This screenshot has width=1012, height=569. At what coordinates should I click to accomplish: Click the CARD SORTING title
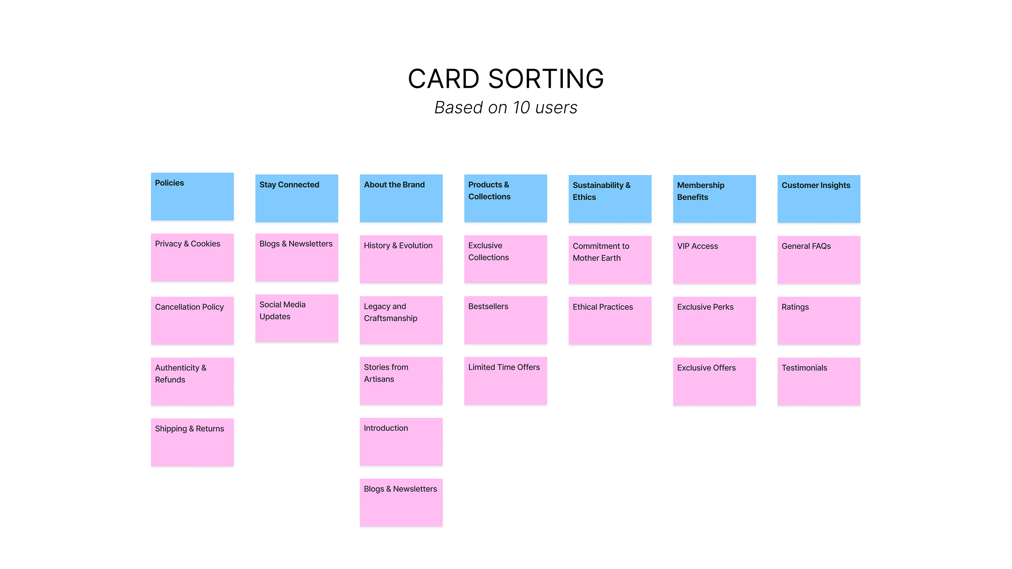tap(506, 79)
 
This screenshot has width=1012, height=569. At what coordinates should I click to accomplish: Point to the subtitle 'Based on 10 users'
tap(506, 108)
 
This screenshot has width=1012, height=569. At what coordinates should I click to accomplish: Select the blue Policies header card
tap(192, 196)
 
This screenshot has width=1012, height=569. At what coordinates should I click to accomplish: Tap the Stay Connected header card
tap(297, 198)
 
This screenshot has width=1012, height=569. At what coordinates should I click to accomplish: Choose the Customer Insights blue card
tap(819, 199)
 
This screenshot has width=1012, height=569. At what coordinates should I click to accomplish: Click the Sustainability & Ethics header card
tap(610, 199)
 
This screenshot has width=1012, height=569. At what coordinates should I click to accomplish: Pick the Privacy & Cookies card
tap(192, 257)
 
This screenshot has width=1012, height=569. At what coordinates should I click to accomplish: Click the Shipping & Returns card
tap(192, 442)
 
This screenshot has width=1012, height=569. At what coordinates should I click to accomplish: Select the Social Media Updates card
tap(297, 318)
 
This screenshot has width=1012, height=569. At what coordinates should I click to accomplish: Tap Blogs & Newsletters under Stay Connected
tap(297, 257)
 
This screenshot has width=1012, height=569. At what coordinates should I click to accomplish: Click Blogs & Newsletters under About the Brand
tap(401, 503)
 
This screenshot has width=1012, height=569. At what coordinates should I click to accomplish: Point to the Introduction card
tap(401, 442)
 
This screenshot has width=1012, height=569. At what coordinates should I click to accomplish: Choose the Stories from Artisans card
tap(401, 381)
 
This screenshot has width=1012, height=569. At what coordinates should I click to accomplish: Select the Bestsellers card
tap(506, 320)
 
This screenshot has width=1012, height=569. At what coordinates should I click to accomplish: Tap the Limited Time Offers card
tap(506, 381)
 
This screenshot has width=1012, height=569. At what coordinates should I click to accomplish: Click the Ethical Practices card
tap(610, 320)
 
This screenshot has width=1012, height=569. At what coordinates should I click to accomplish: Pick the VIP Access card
tap(714, 259)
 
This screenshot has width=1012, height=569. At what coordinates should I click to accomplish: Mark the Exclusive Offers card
tap(714, 381)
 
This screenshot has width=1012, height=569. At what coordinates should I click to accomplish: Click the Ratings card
tap(819, 320)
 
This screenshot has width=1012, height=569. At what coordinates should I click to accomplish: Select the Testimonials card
tap(819, 381)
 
